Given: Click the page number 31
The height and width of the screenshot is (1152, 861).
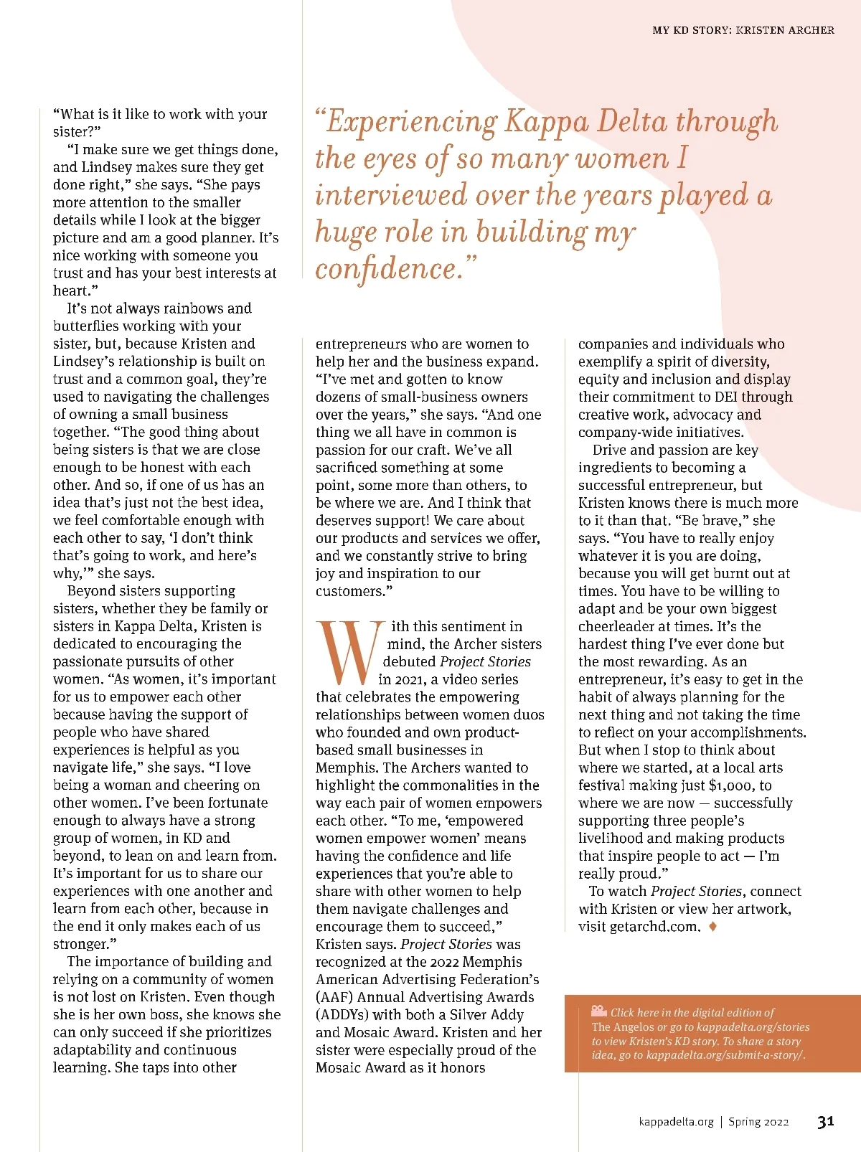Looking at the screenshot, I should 825,1121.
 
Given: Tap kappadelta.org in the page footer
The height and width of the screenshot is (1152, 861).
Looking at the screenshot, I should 676,1122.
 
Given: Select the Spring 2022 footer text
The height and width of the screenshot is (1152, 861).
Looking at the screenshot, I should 758,1122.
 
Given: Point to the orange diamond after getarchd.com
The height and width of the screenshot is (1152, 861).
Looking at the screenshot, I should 712,926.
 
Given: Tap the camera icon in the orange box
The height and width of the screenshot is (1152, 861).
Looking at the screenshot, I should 599,1011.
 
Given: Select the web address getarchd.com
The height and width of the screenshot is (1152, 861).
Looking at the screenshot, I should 654,927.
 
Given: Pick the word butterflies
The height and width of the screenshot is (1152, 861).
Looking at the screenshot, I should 91,326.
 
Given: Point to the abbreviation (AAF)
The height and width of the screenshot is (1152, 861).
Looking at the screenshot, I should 334,997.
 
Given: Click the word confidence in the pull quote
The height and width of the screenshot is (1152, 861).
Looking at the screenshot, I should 386,269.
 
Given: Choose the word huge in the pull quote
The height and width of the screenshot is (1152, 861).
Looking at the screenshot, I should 341,232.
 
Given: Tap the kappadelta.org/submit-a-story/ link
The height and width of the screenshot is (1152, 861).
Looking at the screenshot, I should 725,1055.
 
